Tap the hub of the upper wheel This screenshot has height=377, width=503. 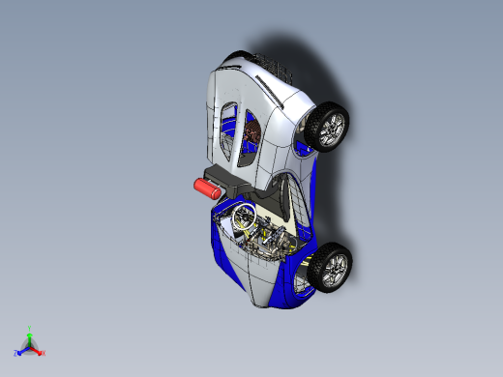coord(332,127)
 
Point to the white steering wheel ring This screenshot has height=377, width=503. coord(242,218)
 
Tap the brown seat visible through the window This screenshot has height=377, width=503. coord(253,135)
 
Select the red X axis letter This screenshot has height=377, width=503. coord(44,353)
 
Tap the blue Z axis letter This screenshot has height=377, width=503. coord(16,353)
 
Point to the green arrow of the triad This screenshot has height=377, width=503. coord(30,337)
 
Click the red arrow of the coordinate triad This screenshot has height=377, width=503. coord(37,349)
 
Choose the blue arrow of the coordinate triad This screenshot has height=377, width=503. coord(23,349)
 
